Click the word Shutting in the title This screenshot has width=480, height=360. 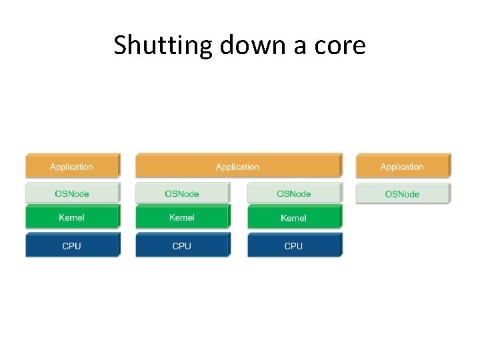pos(155,46)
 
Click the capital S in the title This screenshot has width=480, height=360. pos(120,45)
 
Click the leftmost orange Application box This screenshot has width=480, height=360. pos(72,167)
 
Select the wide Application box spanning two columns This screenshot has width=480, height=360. pos(238,167)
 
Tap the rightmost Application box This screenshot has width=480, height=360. pos(402,167)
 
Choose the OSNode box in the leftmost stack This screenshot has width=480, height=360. pos(72,193)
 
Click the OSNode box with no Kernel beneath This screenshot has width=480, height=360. pos(402,194)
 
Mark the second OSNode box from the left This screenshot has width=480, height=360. pos(182,193)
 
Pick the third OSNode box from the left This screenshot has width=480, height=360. pos(293,193)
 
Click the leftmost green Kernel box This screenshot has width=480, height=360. pos(72,217)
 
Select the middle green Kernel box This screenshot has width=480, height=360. pos(182,217)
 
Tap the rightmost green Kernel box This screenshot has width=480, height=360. pos(293,218)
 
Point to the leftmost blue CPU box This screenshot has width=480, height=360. pos(72,245)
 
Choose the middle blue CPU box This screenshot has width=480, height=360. pos(182,245)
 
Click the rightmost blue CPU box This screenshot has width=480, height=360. pos(293,245)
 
